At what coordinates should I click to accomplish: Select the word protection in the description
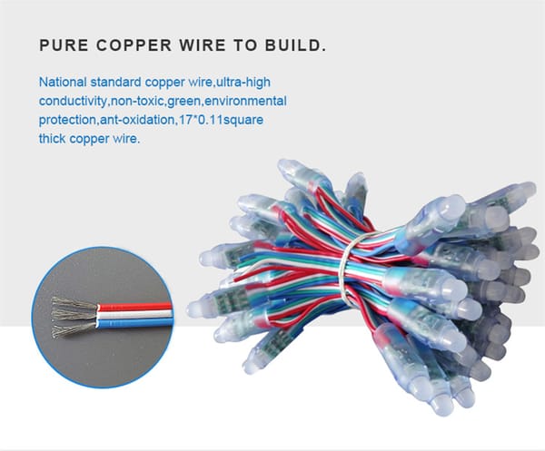(x=68, y=120)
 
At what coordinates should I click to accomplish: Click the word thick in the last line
(x=54, y=140)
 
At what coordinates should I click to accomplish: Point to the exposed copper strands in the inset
(x=71, y=313)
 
